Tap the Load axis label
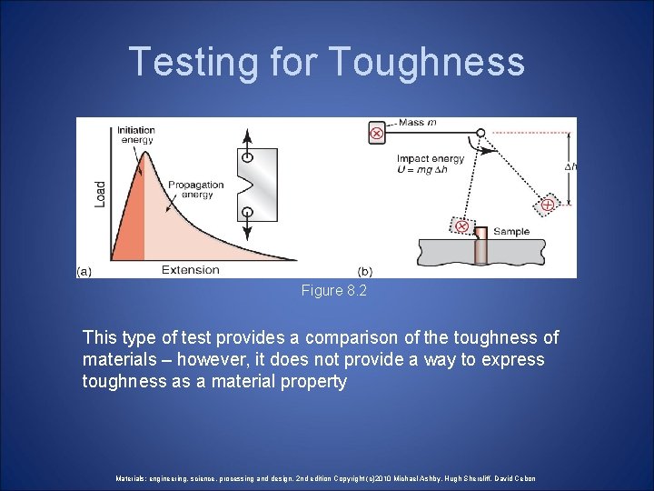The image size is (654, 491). (x=99, y=193)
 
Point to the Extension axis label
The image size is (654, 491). (x=190, y=270)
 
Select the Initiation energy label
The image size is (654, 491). (x=136, y=135)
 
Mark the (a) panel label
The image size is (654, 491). (x=84, y=271)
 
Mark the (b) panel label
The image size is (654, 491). (x=365, y=271)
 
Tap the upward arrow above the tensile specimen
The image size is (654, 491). (x=246, y=136)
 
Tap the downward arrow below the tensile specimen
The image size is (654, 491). (x=246, y=235)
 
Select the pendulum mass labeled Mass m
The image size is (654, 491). (x=376, y=134)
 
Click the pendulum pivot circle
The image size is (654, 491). (x=481, y=133)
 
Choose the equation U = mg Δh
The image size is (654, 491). (x=429, y=170)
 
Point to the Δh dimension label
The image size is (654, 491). (x=570, y=166)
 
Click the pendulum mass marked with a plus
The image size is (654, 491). (x=547, y=205)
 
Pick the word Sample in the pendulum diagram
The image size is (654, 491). (x=511, y=232)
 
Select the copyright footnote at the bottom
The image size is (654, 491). (x=326, y=478)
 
